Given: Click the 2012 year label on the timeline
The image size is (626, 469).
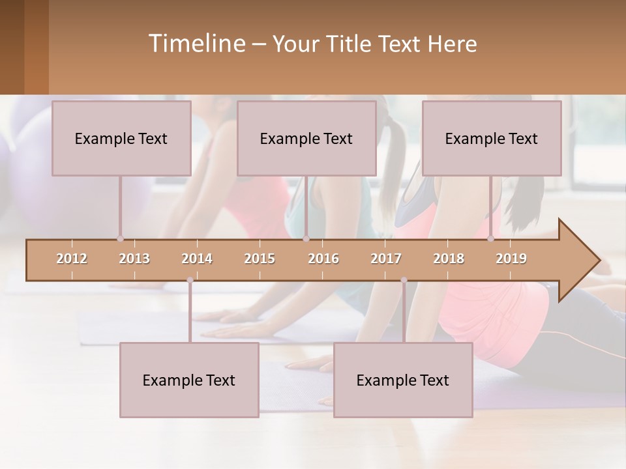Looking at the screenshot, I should pyautogui.click(x=72, y=259).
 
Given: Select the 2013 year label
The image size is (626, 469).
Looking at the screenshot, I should pyautogui.click(x=134, y=259).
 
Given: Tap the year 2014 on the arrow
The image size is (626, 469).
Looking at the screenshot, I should pyautogui.click(x=197, y=259).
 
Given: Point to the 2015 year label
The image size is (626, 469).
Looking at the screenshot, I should pyautogui.click(x=260, y=259).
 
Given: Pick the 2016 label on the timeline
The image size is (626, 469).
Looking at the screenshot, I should pyautogui.click(x=323, y=259).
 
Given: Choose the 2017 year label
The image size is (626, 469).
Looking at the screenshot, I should pyautogui.click(x=386, y=259).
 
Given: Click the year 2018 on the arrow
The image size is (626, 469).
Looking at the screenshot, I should pyautogui.click(x=449, y=259).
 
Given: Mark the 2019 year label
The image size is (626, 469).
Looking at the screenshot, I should pyautogui.click(x=511, y=259).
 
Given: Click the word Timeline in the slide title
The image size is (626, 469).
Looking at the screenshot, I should pyautogui.click(x=196, y=44).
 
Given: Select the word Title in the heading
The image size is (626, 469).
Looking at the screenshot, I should pyautogui.click(x=349, y=44).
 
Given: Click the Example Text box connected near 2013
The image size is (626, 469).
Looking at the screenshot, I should pyautogui.click(x=121, y=138).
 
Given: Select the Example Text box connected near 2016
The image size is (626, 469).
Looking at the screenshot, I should pyautogui.click(x=306, y=138).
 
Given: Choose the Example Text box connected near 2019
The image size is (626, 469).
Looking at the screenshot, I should pyautogui.click(x=492, y=138).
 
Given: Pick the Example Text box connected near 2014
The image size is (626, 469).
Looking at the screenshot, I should pyautogui.click(x=189, y=380).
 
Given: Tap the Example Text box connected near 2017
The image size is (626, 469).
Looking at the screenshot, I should pyautogui.click(x=403, y=380).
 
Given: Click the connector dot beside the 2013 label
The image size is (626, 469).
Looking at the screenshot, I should pyautogui.click(x=120, y=238).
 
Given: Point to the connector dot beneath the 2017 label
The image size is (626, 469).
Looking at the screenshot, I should pyautogui.click(x=404, y=280).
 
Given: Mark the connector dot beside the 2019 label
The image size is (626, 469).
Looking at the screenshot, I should pyautogui.click(x=491, y=238).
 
